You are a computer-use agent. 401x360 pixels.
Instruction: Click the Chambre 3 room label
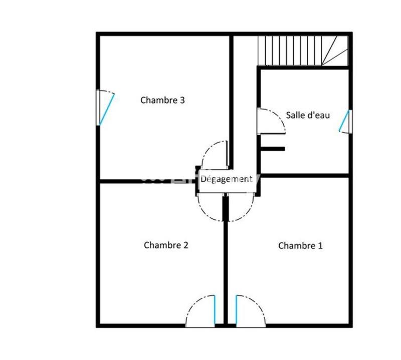pos(162,100)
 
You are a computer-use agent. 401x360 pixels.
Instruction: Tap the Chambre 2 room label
pos(165,245)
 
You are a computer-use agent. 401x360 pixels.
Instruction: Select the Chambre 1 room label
pos(300,245)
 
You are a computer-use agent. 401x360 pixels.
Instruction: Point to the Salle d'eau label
pos(308,115)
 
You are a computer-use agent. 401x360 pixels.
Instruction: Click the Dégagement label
pos(227,179)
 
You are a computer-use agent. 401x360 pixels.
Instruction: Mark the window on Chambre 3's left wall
pos(105,108)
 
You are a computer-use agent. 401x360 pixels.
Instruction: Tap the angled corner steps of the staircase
pos(335,50)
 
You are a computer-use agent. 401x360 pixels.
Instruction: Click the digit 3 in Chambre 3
pos(182,100)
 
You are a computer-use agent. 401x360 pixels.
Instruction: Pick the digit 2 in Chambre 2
pos(185,245)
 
